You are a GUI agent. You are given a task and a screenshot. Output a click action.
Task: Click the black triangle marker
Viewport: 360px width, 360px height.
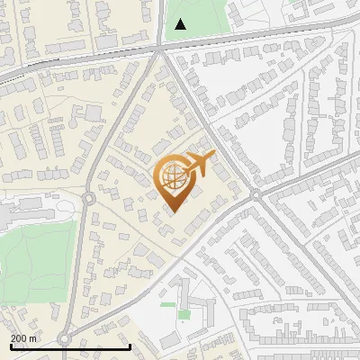point(181,24)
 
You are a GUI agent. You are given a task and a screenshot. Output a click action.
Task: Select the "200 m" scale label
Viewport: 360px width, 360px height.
point(23,338)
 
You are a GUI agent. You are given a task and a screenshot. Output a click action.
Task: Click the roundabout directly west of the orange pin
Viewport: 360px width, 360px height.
point(88,198)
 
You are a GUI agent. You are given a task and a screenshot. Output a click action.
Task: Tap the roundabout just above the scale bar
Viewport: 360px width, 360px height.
point(64,339)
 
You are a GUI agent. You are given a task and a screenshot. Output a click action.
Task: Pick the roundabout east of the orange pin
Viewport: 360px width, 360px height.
point(256,194)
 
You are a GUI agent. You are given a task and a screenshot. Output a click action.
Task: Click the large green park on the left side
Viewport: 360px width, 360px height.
point(36,261)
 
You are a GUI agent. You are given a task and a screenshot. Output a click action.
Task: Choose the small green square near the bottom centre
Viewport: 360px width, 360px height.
point(184,315)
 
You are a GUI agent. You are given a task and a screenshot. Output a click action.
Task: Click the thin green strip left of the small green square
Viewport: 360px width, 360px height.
point(167,305)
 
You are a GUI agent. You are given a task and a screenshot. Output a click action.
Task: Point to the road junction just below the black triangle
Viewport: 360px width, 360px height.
point(161,49)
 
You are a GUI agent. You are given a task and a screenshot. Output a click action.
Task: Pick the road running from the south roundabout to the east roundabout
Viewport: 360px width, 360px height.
point(162,270)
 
